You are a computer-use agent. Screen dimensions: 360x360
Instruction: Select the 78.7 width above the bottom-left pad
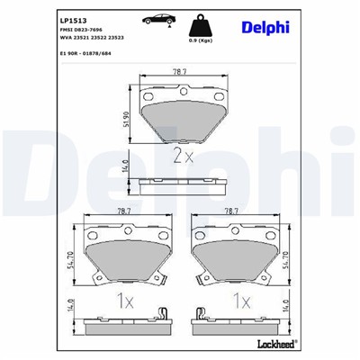pos(126,211)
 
